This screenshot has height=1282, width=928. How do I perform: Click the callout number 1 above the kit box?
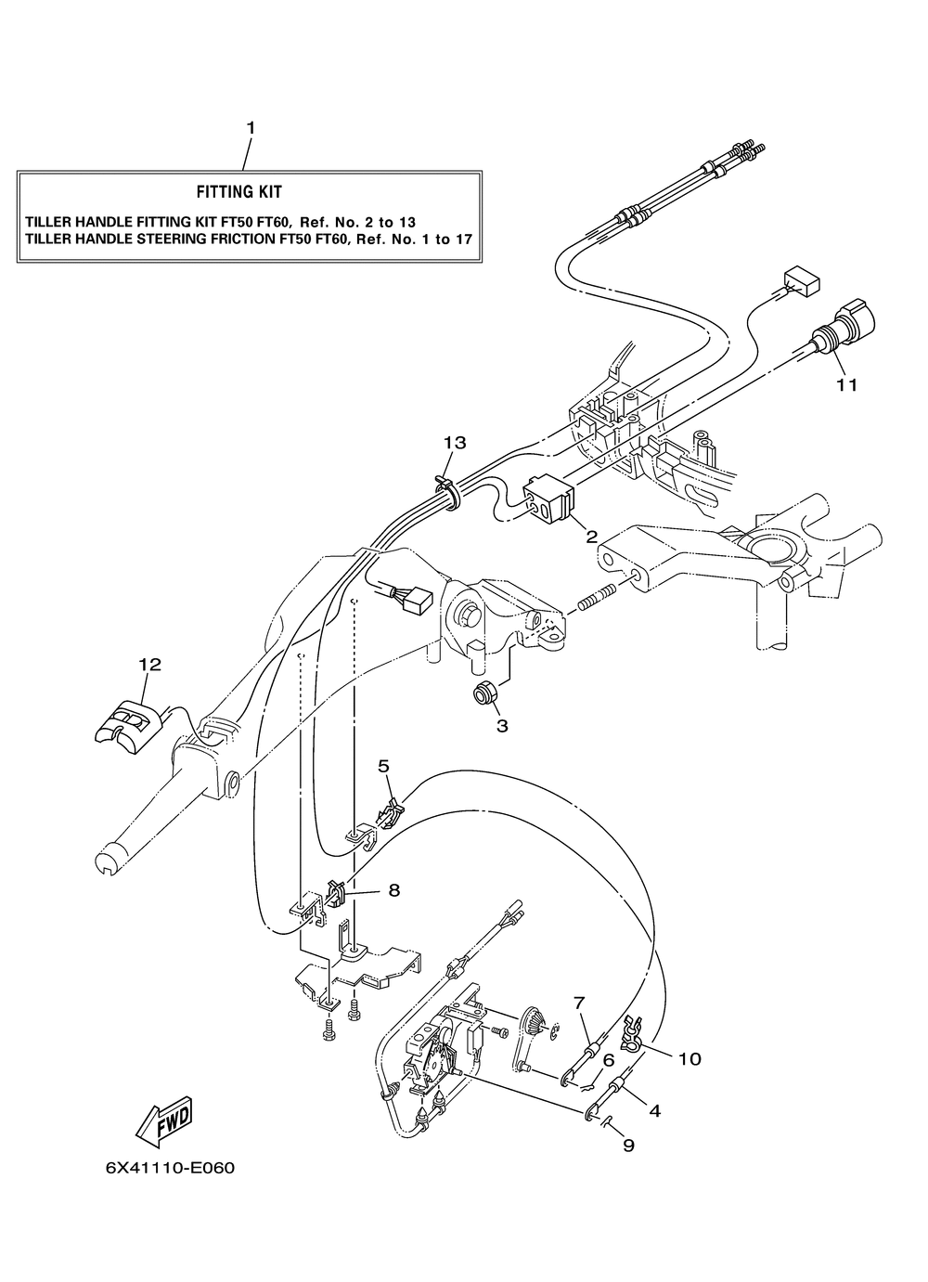(x=249, y=127)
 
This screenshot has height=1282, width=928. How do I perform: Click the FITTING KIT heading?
(x=238, y=192)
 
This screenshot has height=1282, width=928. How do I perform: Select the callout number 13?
(x=454, y=443)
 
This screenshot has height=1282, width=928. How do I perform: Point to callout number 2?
(x=590, y=536)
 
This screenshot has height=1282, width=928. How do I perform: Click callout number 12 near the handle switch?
(x=149, y=664)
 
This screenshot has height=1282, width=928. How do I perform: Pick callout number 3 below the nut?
(x=502, y=726)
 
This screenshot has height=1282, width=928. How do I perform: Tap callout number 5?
(x=383, y=766)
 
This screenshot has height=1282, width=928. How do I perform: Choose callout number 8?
(x=393, y=890)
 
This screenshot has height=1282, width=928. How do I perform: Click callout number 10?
(x=690, y=1058)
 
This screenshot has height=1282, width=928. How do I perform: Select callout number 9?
(x=628, y=1146)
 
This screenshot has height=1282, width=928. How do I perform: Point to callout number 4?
(x=654, y=1109)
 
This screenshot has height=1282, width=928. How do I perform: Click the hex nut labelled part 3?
(x=483, y=693)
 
